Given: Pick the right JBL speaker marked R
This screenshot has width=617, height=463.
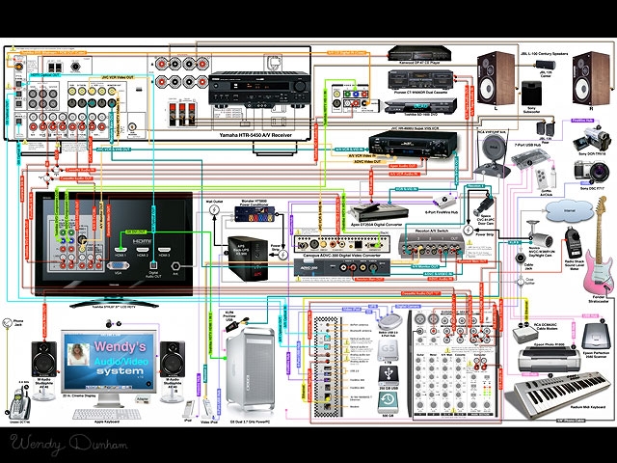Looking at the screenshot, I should click(x=579, y=80).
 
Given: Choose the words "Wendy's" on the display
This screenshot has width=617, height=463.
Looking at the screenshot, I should click(x=119, y=344).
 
